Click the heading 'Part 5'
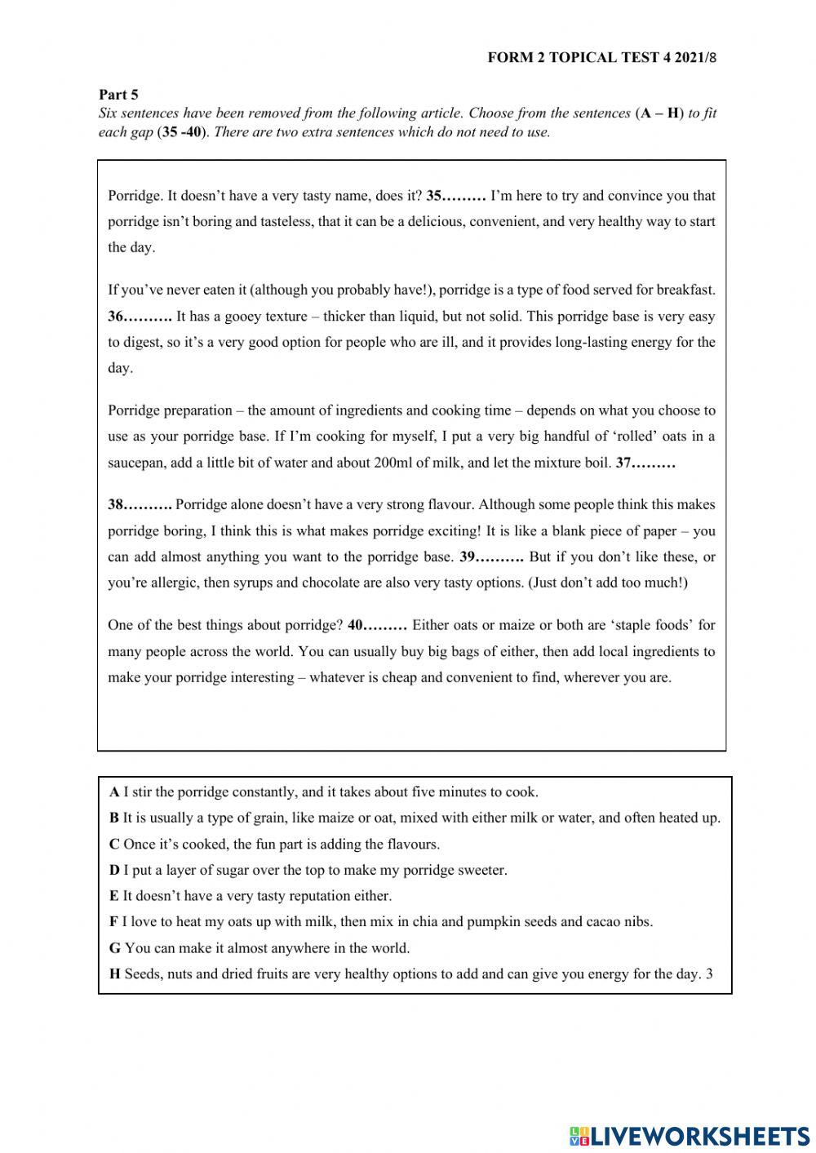coord(118,95)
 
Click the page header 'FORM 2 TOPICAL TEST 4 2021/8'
coord(601,57)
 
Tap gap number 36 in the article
coord(140,317)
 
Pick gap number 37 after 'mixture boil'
coord(645,463)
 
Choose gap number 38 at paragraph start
coord(140,505)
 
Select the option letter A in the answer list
coord(114,792)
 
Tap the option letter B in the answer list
coord(114,818)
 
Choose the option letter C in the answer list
coord(114,845)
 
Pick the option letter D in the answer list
coord(114,871)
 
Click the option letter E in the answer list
coord(114,896)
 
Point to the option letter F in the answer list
coord(113,922)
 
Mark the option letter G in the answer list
coord(114,948)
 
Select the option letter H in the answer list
coord(114,974)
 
